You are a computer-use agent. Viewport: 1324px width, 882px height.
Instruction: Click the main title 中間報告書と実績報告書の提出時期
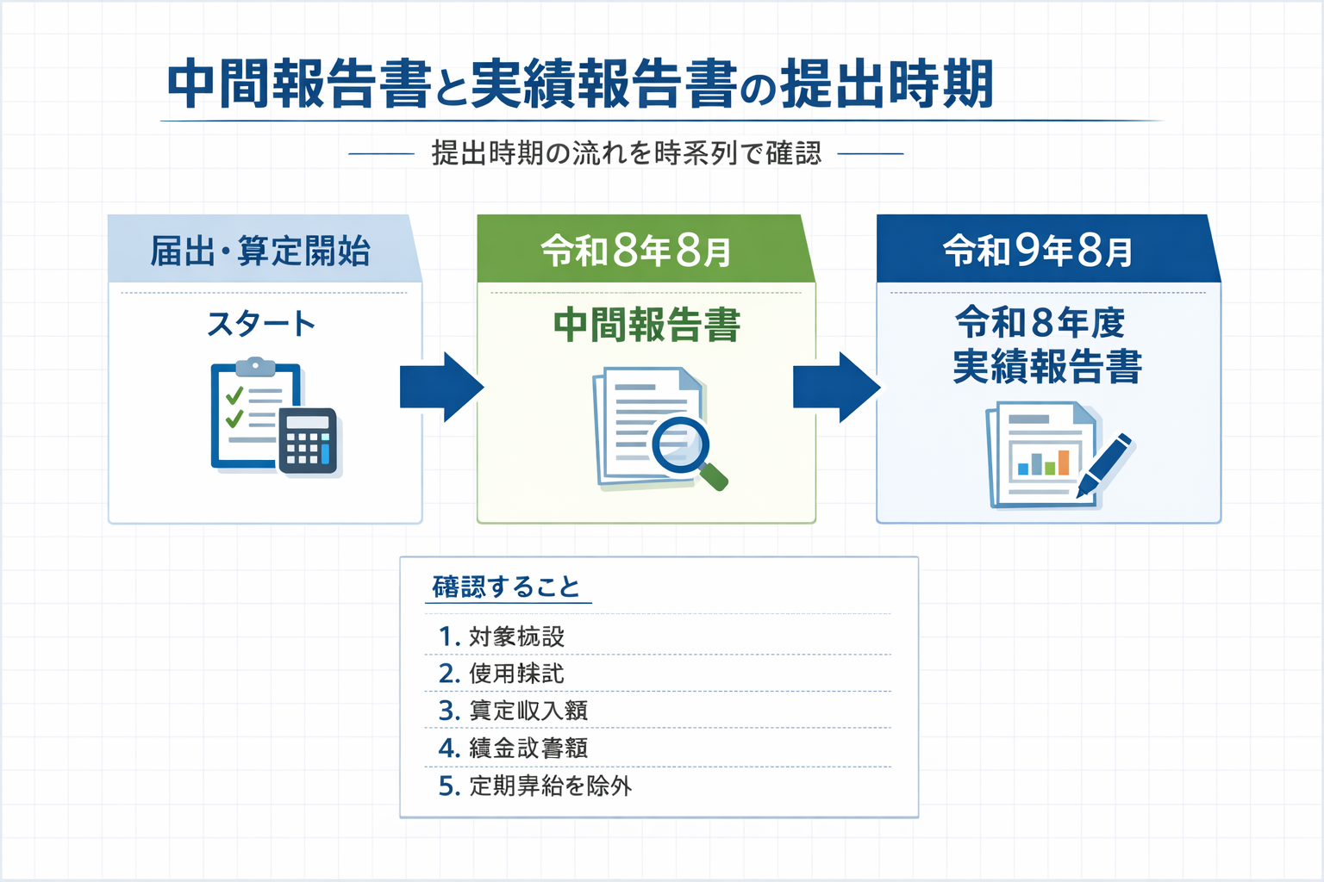[x=579, y=84]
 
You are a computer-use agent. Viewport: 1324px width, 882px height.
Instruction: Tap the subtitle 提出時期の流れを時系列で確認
[x=626, y=153]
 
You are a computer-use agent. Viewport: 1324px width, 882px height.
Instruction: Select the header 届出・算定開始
[x=260, y=251]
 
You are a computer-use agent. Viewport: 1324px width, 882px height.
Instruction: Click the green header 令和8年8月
[x=636, y=251]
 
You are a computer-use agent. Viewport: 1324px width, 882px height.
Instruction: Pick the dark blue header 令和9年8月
[x=1037, y=251]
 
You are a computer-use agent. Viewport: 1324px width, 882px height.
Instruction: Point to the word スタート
[x=261, y=324]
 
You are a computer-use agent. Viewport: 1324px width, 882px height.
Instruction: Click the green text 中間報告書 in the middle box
[x=646, y=326]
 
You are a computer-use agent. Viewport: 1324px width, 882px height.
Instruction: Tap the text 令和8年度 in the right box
[x=1040, y=323]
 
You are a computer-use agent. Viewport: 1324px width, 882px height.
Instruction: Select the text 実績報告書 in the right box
[x=1046, y=366]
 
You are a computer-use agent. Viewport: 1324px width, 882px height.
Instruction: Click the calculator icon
[x=308, y=440]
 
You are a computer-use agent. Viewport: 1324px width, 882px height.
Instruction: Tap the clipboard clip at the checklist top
[x=255, y=367]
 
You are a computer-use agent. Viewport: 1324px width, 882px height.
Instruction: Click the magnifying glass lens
[x=680, y=444]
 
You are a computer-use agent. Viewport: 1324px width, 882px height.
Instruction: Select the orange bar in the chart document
[x=1064, y=463]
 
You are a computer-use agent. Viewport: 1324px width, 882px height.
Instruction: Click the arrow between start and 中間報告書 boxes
[x=441, y=387]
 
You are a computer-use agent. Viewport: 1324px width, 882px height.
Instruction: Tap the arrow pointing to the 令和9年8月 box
[x=835, y=387]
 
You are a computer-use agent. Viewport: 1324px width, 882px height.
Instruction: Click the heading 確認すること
[x=506, y=587]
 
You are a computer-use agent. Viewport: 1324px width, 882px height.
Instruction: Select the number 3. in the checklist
[x=447, y=711]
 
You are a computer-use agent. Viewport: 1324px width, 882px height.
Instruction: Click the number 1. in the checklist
[x=447, y=637]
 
